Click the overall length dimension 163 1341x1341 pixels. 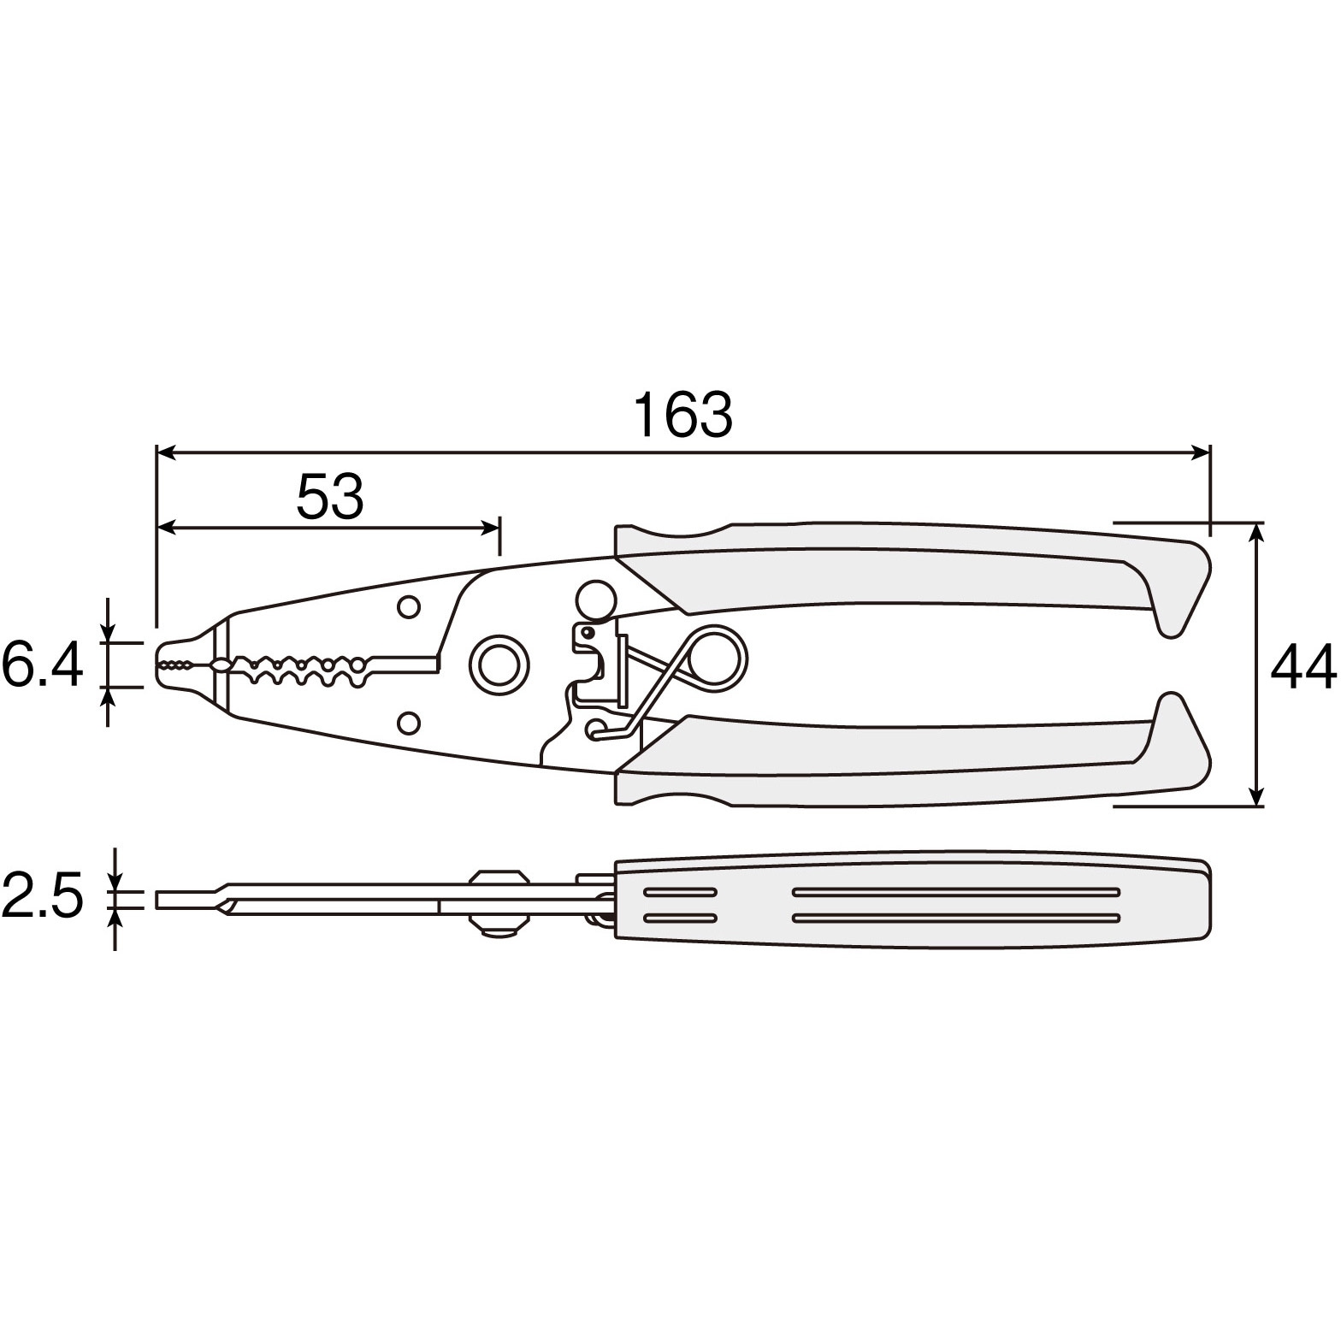coord(682,415)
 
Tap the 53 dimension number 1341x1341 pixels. coord(330,496)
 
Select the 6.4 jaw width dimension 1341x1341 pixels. coord(43,664)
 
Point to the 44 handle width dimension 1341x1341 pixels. coord(1303,667)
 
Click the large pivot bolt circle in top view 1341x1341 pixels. coord(498,664)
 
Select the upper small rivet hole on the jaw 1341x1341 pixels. coord(409,606)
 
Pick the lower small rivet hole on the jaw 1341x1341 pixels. coord(409,722)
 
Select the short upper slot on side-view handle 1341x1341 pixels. coord(681,892)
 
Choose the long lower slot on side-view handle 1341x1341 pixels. coord(956,919)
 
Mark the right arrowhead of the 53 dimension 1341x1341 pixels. coord(488,527)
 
